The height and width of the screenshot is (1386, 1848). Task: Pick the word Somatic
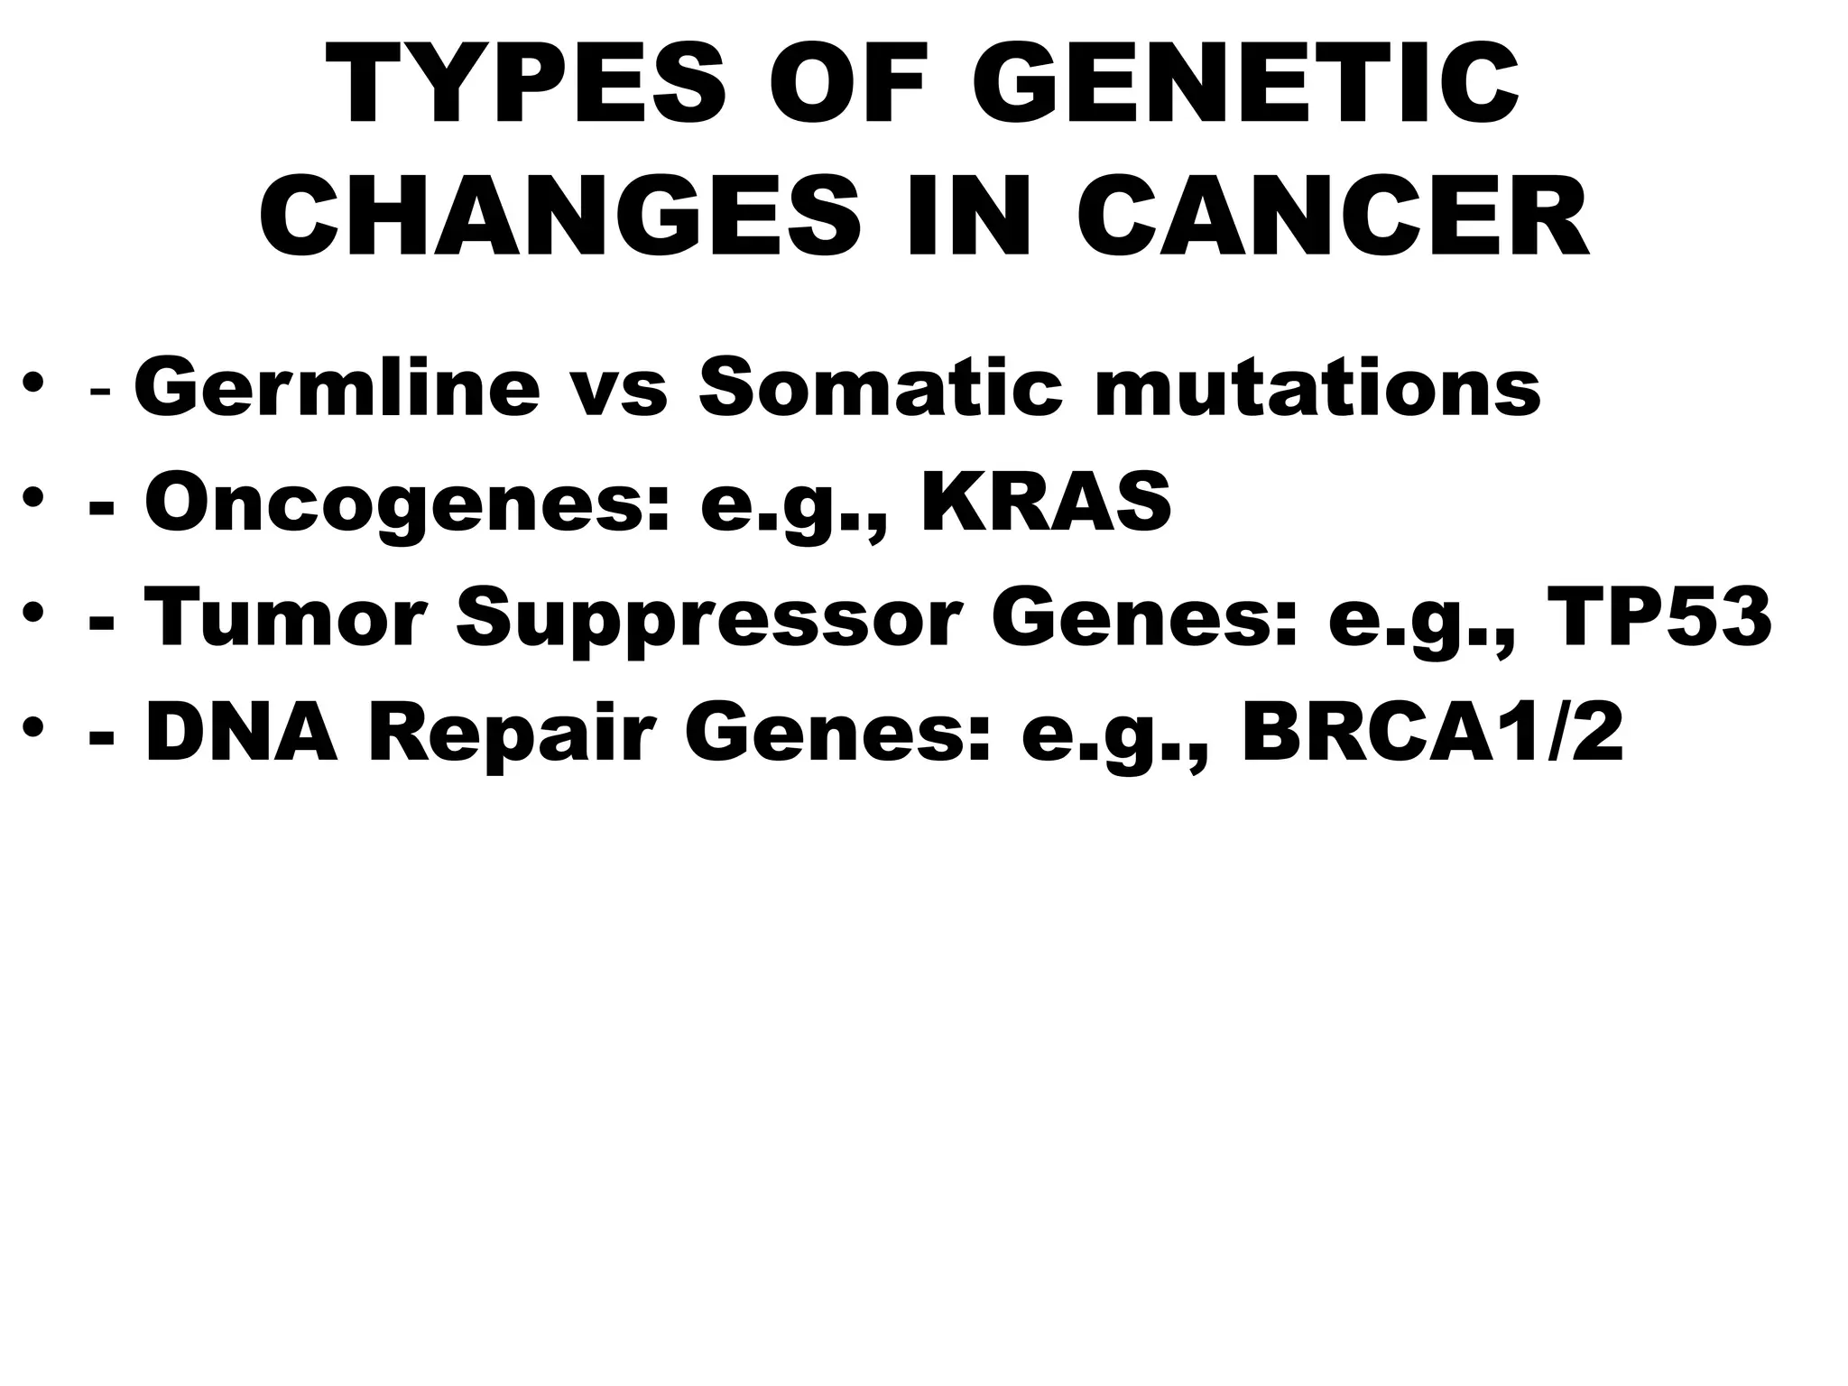[881, 388]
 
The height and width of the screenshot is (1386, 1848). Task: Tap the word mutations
[1317, 388]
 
